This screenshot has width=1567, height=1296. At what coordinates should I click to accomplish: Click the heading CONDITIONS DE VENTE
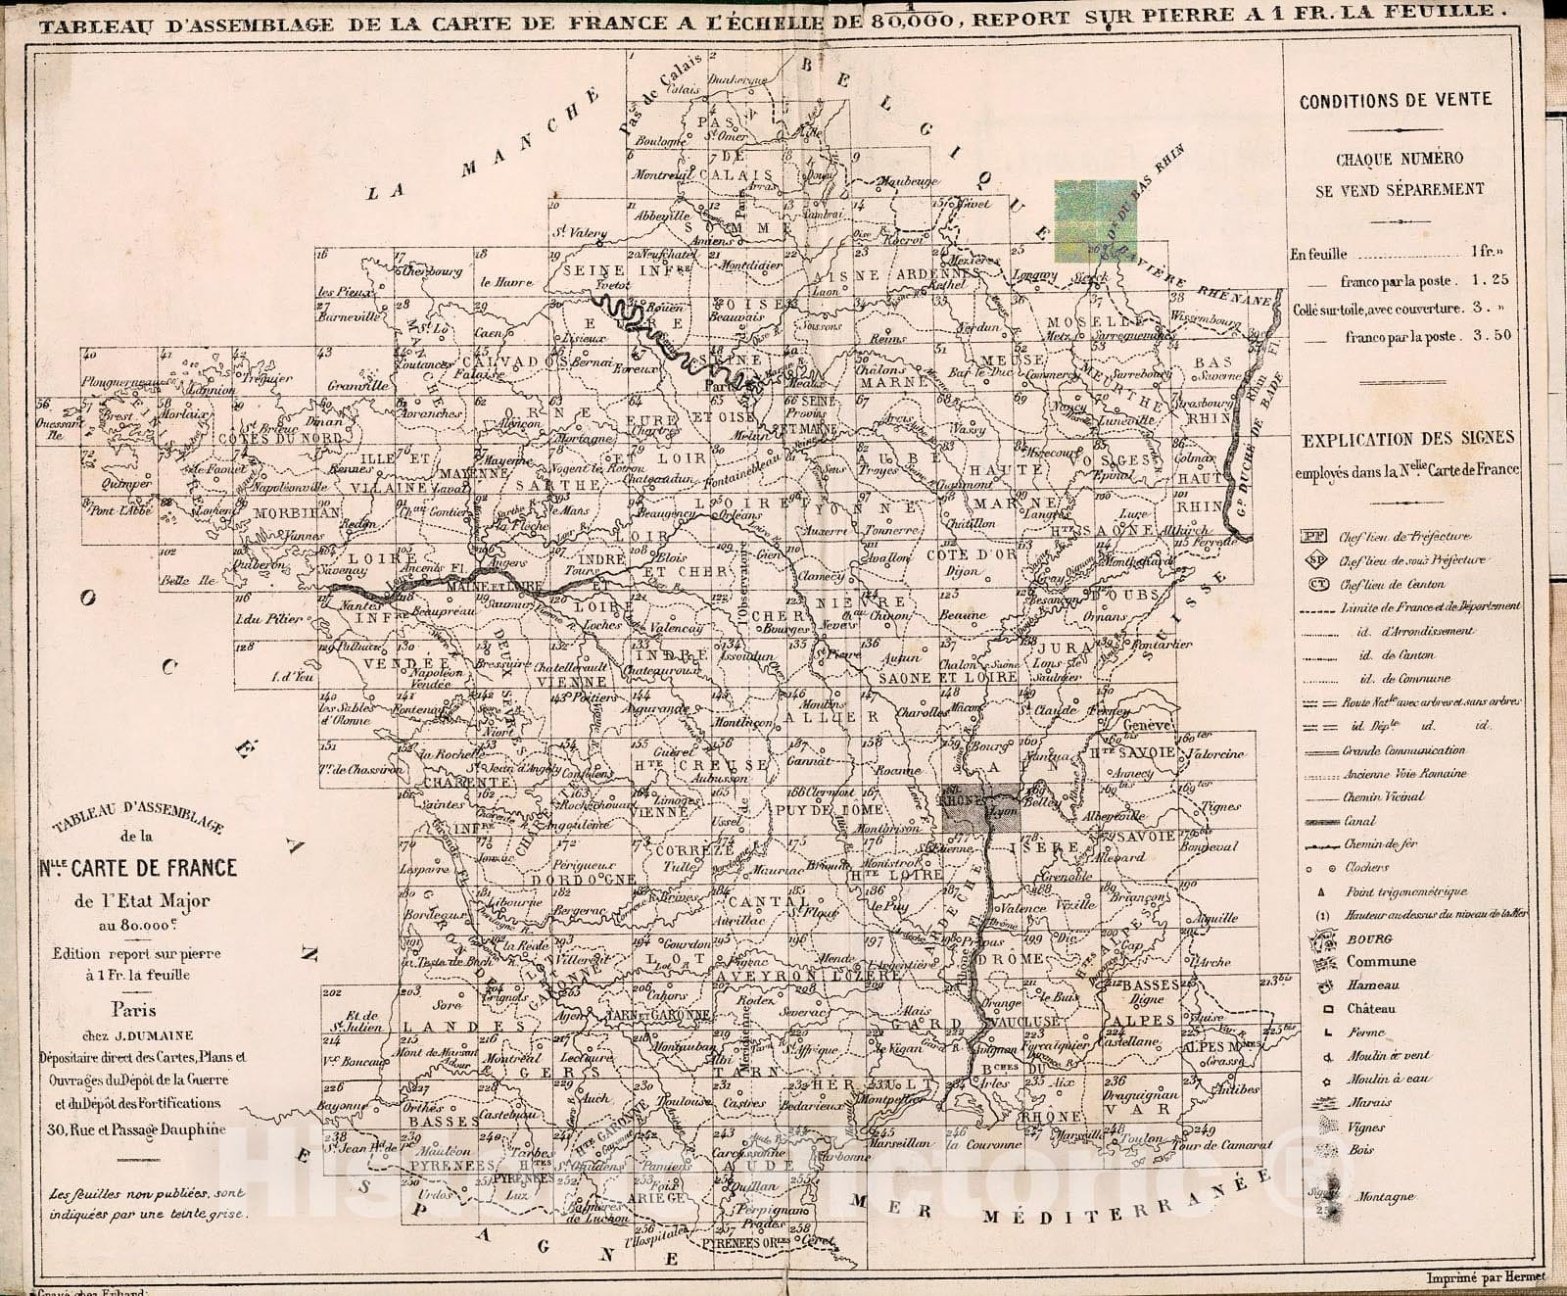[x=1395, y=99]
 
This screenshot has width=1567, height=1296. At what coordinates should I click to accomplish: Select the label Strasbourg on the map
[x=1199, y=403]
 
